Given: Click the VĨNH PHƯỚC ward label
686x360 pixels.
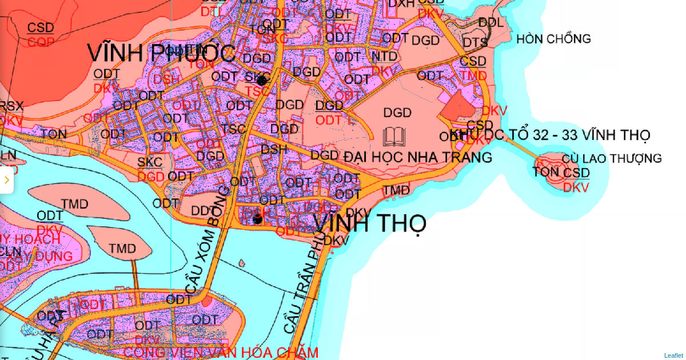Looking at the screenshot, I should [x=161, y=53].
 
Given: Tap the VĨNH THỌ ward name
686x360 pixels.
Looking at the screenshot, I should [x=370, y=222].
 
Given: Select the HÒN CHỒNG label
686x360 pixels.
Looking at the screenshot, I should [x=553, y=39].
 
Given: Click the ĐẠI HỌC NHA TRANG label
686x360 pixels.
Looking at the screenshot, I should [x=418, y=157].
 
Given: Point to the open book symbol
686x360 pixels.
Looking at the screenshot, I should [x=394, y=137].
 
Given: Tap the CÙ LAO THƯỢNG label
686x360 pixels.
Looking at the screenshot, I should [x=612, y=158].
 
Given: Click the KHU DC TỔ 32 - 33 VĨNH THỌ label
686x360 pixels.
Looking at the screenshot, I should [x=550, y=135].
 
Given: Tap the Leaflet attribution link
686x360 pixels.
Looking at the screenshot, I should [x=673, y=355].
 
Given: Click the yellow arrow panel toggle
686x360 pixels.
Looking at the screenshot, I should [x=6, y=180].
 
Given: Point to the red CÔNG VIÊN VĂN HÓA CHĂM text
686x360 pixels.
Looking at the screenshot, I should [x=221, y=353].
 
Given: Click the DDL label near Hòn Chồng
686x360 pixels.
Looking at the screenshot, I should [x=491, y=22].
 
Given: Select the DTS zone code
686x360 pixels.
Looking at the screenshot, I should [x=475, y=42].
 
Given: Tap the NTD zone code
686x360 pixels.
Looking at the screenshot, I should [x=384, y=57].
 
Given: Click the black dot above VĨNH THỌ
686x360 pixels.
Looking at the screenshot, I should [x=258, y=218].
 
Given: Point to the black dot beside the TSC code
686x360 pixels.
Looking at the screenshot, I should [x=262, y=81].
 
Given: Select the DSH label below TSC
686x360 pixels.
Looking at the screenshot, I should [x=274, y=149].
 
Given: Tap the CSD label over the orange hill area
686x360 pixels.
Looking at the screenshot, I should [x=41, y=27].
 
